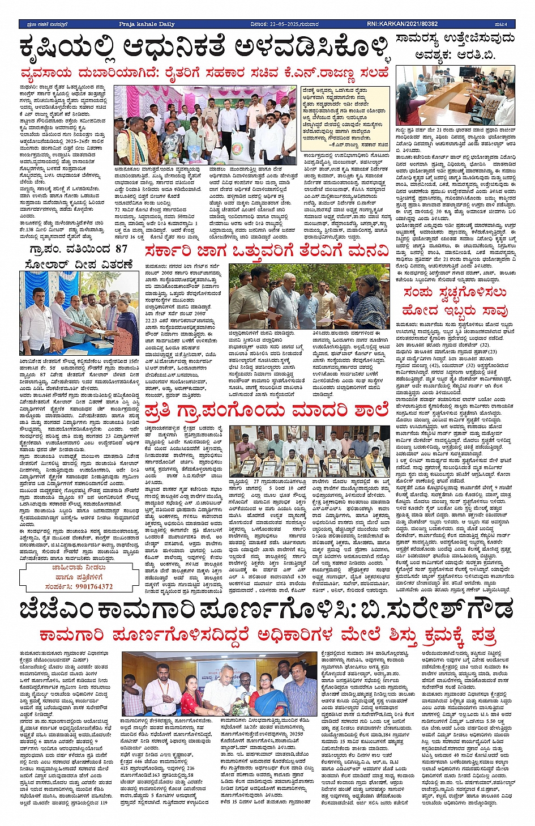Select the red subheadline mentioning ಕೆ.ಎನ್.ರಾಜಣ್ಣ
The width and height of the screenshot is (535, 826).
click(204, 74)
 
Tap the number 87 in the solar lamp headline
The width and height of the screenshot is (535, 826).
click(121, 249)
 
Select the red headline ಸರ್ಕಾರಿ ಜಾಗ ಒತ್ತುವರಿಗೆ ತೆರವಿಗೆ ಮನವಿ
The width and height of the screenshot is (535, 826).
click(266, 252)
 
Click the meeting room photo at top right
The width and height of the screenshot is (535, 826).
click(455, 95)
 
